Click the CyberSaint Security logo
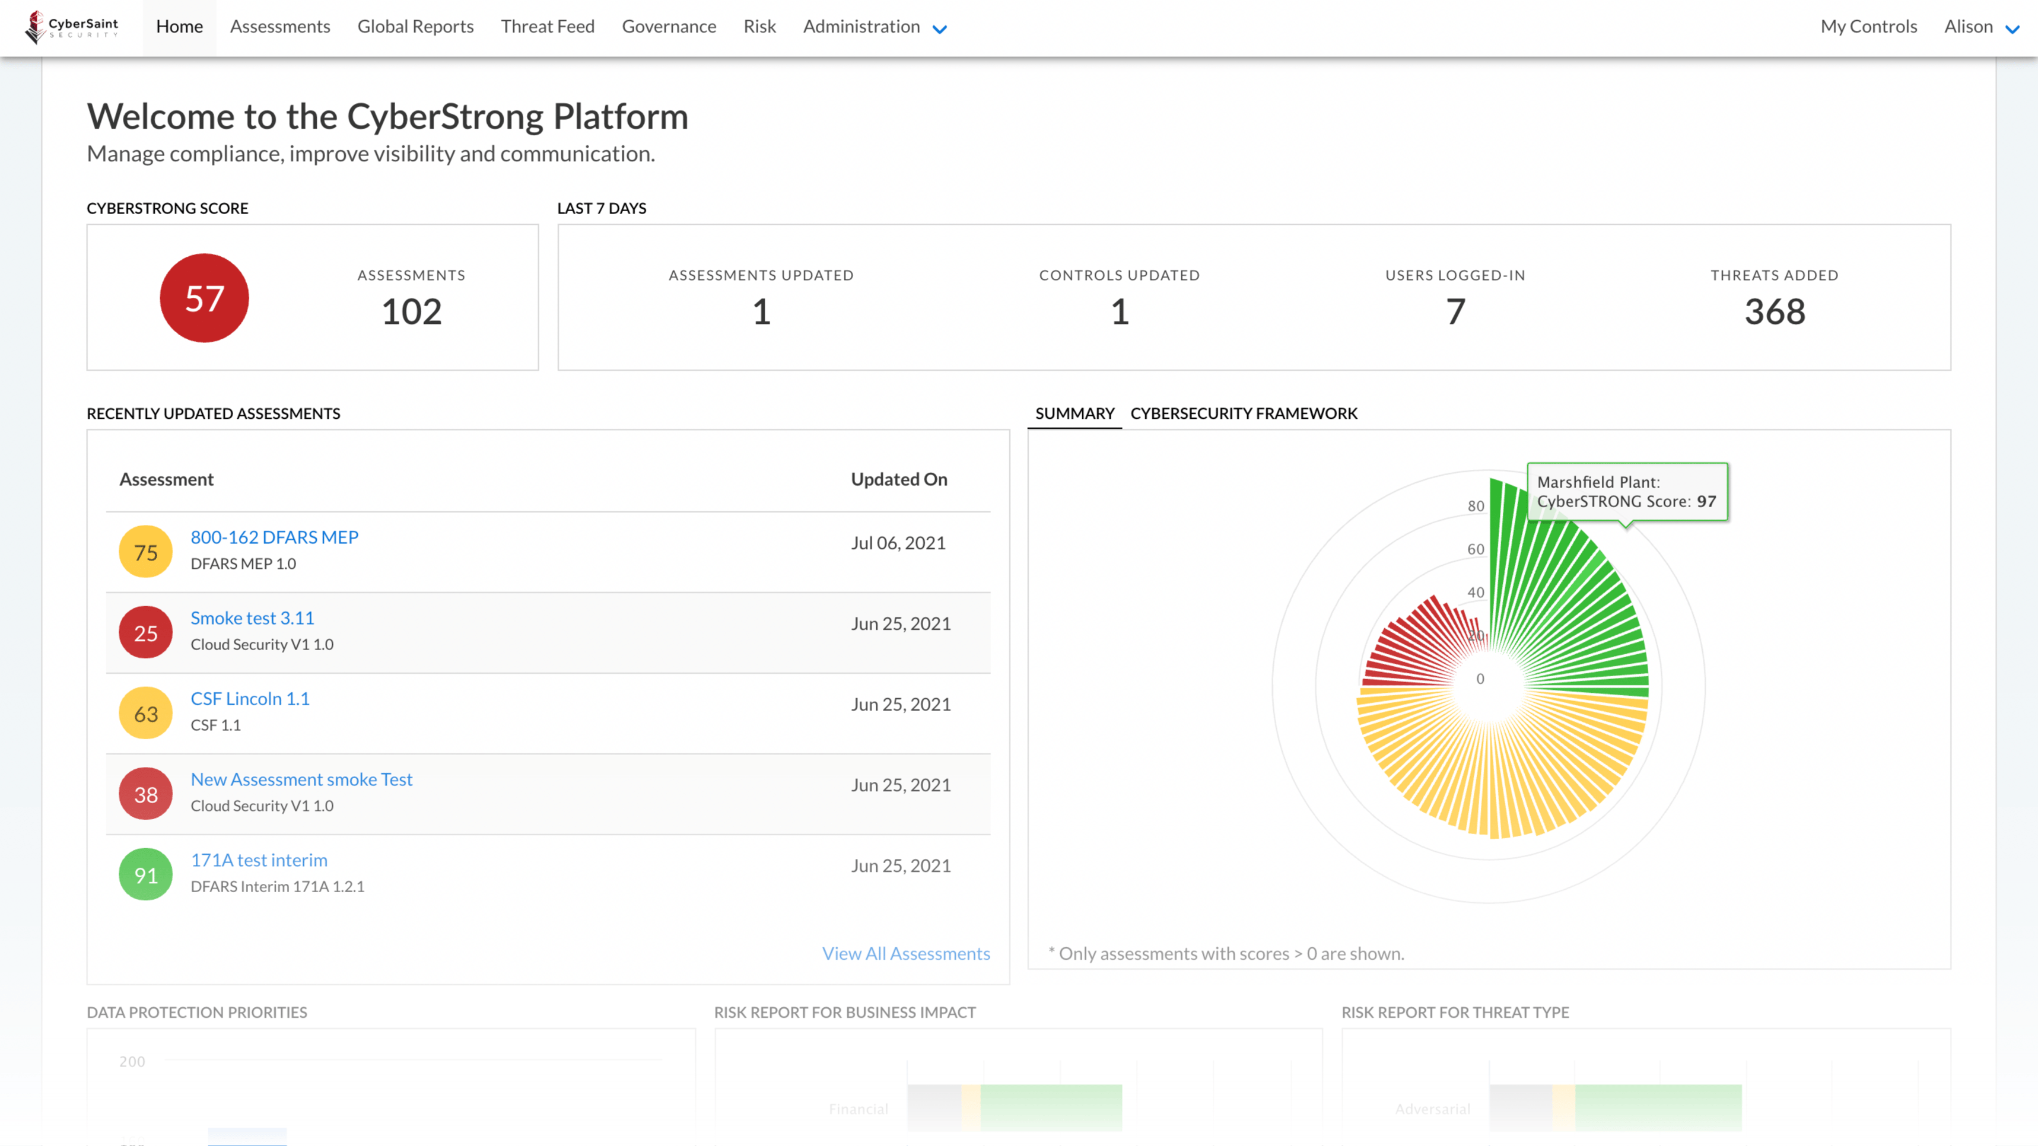point(72,27)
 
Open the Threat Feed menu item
point(548,27)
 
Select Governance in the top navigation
point(669,27)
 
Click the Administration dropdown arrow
point(940,29)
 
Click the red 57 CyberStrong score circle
point(204,298)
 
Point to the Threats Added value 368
point(1775,311)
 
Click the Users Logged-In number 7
point(1455,311)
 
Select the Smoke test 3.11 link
point(252,617)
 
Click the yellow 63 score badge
point(145,714)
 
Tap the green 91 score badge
point(145,875)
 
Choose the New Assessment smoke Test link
point(301,779)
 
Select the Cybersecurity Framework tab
point(1244,413)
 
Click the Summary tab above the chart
point(1074,413)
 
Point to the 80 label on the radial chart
point(1476,506)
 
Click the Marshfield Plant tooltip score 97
point(1706,501)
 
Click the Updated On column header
point(899,479)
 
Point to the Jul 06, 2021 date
point(898,543)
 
